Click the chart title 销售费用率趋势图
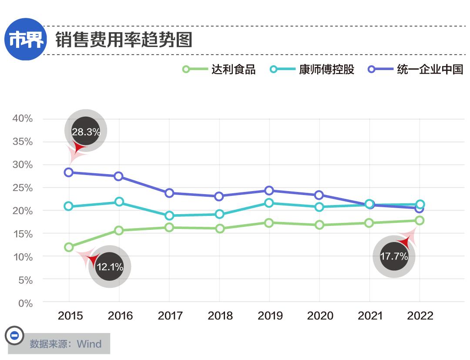point(124,40)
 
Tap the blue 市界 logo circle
point(27,40)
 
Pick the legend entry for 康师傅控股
point(313,69)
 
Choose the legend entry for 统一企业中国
point(415,69)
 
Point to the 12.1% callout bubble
point(110,266)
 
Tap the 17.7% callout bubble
point(394,256)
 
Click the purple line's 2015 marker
point(69,172)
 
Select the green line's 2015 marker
point(69,247)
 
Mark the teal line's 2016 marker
point(119,202)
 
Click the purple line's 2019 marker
point(269,191)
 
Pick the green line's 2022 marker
point(420,221)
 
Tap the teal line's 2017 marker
point(169,215)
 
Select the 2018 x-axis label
point(220,316)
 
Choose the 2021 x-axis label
point(370,316)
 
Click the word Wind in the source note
point(89,344)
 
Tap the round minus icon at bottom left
point(14,336)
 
